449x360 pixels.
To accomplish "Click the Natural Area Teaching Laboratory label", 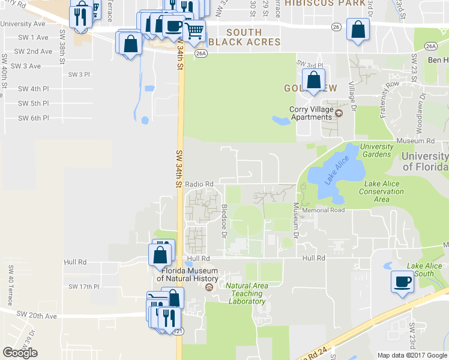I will click(247, 293).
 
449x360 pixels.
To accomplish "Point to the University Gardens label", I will click(377, 150).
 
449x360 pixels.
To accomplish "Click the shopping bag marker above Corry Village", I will click(313, 80).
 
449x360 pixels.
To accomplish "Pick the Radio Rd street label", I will click(199, 184).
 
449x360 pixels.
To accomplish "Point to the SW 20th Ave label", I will click(37, 315).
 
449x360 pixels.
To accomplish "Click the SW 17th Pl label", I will click(83, 286).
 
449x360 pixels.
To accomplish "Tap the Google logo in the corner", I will click(20, 353).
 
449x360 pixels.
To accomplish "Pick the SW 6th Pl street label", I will click(33, 118).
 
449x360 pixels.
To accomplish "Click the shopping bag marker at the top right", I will click(358, 30).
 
